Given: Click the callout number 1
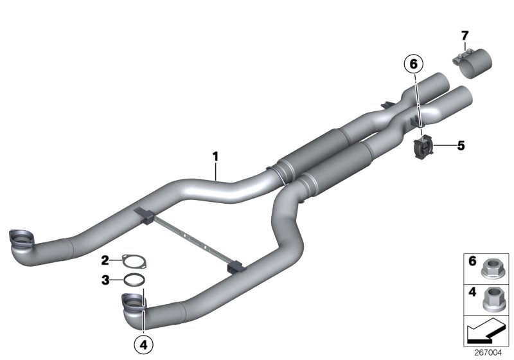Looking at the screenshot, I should click(216, 156).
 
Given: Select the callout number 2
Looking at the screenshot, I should click(105, 260).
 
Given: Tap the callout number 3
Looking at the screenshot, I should click(105, 280).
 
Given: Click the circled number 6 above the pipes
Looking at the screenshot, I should click(414, 64).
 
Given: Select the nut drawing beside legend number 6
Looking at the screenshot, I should click(492, 264).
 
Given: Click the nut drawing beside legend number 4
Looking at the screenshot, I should click(492, 298).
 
